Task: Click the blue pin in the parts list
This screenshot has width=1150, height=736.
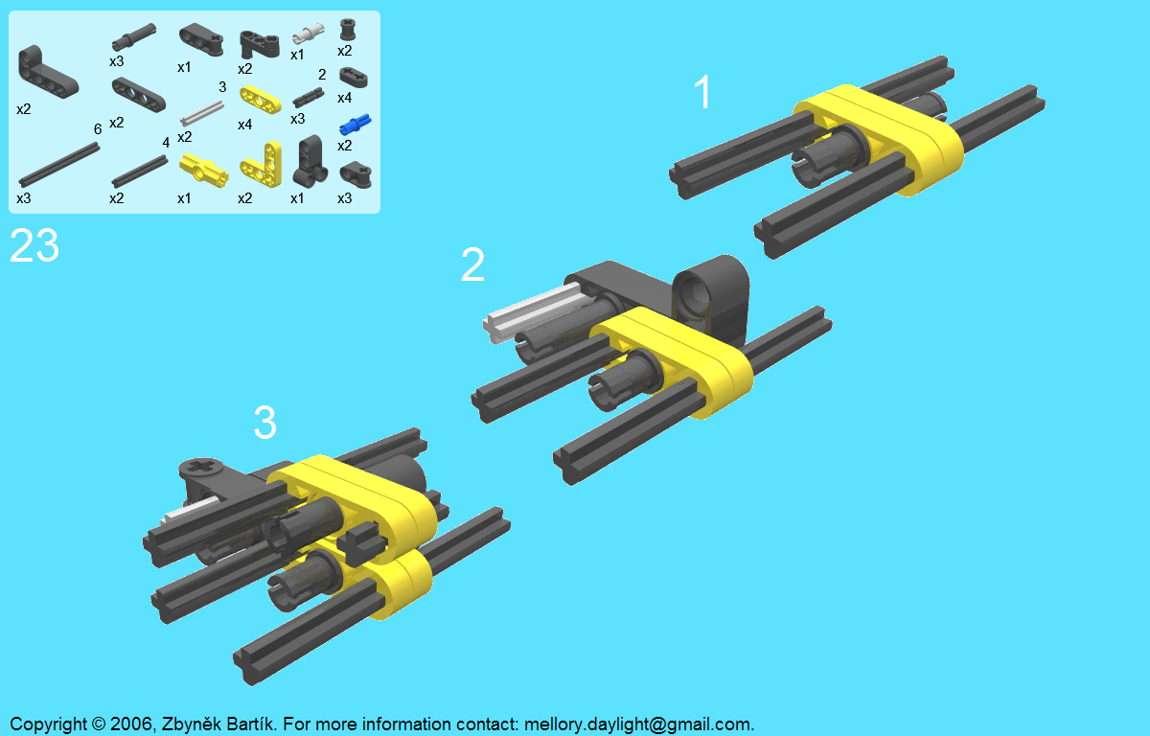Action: click(x=356, y=125)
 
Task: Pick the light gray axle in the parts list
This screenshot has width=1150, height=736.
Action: click(x=202, y=113)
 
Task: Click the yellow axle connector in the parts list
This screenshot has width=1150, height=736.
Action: click(x=203, y=171)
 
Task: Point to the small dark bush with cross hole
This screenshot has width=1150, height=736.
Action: click(x=348, y=30)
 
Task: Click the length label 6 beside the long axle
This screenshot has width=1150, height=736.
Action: click(x=98, y=128)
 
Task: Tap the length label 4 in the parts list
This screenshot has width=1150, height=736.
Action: click(x=165, y=142)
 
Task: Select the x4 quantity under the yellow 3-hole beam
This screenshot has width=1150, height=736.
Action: click(x=245, y=125)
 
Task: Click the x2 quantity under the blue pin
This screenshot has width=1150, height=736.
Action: click(x=344, y=146)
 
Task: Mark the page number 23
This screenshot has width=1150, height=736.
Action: click(x=34, y=246)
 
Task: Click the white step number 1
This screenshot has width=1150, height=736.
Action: click(x=702, y=91)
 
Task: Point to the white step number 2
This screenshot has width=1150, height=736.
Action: click(x=472, y=264)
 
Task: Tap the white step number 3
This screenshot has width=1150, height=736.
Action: click(x=264, y=422)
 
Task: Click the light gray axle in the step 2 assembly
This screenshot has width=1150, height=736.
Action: click(x=531, y=312)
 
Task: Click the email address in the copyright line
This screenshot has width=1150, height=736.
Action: click(x=638, y=724)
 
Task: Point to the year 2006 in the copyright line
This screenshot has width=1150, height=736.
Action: click(x=131, y=724)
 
